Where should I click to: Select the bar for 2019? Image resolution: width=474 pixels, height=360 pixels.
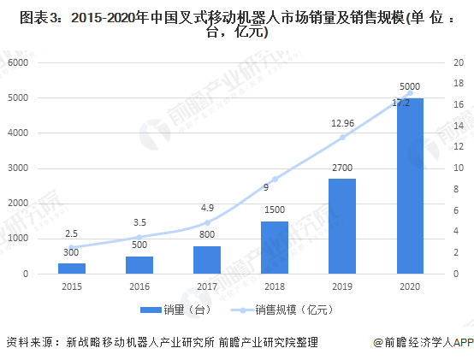341,226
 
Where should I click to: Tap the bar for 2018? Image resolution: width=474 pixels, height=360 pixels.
274,247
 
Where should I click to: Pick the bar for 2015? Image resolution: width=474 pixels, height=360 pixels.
72,268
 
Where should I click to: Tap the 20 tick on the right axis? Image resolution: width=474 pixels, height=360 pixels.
458,63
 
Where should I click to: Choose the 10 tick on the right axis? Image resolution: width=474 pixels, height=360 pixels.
458,168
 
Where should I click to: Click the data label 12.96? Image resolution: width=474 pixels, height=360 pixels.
342,123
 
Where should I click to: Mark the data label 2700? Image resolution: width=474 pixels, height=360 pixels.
341,168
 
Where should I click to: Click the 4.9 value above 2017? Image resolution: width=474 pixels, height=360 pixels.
207,207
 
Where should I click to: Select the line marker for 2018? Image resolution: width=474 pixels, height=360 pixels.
274,179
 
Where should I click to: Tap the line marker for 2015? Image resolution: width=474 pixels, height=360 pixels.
72,247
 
